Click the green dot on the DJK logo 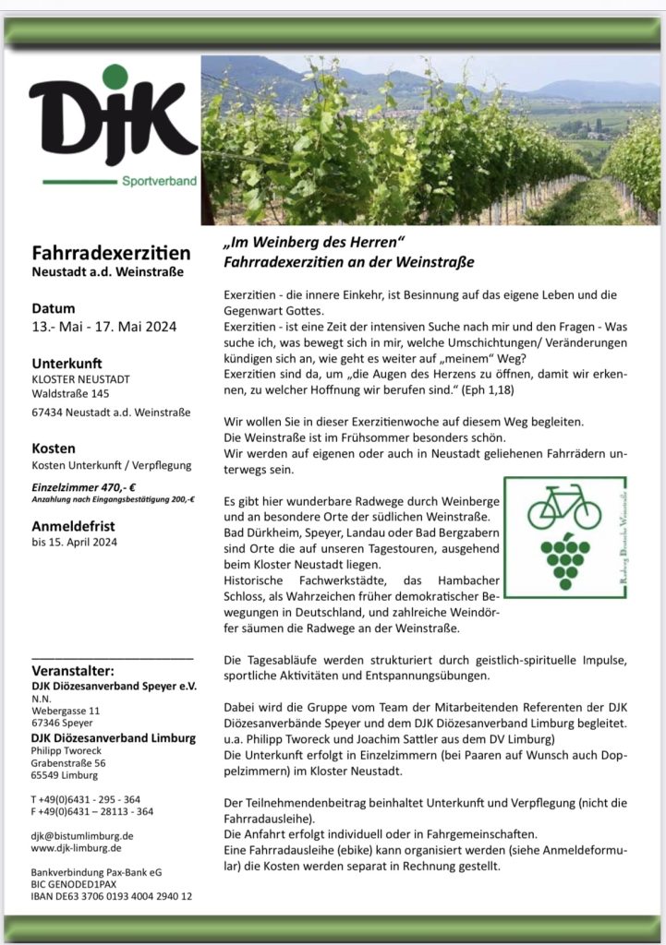point(115,77)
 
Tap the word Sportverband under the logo point(159,182)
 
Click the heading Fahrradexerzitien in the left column point(111,252)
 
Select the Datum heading point(54,308)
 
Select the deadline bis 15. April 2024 point(74,543)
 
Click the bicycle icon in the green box point(563,508)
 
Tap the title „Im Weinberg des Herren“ point(315,244)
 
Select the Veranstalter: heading point(73,670)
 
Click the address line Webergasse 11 point(67,711)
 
